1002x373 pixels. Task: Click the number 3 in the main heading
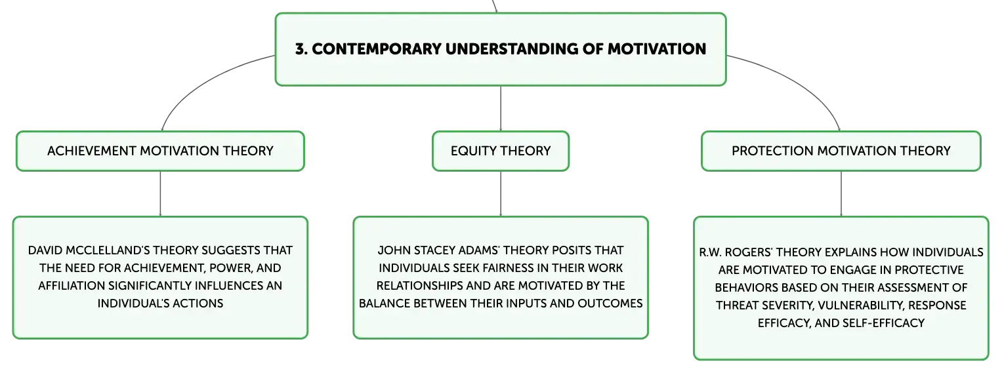[x=301, y=49]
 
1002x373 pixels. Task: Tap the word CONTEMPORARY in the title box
[x=377, y=49]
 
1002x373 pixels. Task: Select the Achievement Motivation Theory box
[x=160, y=151]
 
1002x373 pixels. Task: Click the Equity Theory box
[x=501, y=151]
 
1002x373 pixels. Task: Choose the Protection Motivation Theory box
[x=841, y=151]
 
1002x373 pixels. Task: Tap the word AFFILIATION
[x=72, y=286]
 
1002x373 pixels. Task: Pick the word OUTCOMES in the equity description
[x=610, y=304]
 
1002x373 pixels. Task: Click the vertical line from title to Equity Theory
[x=501, y=108]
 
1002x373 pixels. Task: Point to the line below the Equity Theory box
[x=501, y=194]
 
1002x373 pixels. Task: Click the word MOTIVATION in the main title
[x=656, y=49]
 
